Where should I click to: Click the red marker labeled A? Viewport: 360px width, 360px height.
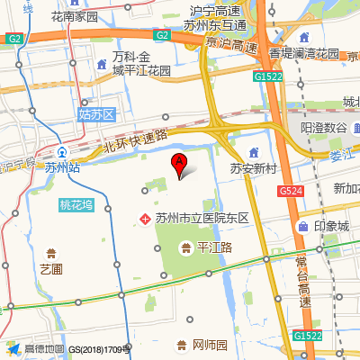pos(179,165)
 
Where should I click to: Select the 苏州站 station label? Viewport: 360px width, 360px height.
pos(61,167)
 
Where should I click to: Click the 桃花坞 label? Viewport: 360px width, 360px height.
pos(76,204)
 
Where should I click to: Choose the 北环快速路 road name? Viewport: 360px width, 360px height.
pos(136,140)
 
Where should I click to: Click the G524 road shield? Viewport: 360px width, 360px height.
pos(290,192)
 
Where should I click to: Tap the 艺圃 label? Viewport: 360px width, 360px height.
pos(51,268)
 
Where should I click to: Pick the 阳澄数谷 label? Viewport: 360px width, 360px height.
pos(324,128)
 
